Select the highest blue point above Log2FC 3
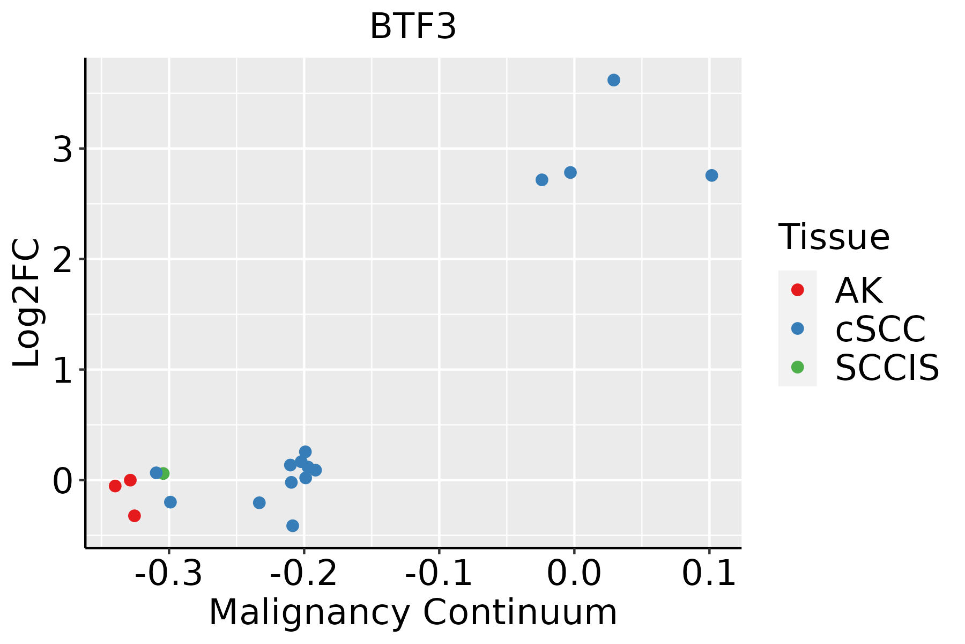pyautogui.click(x=614, y=80)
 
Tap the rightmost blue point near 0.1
pyautogui.click(x=711, y=175)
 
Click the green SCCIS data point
pyautogui.click(x=164, y=473)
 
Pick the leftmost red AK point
pyautogui.click(x=115, y=486)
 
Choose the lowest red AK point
pyautogui.click(x=135, y=516)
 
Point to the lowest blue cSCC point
pyautogui.click(x=293, y=525)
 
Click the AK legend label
pyautogui.click(x=858, y=290)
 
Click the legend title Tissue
pyautogui.click(x=834, y=237)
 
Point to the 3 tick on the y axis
pyautogui.click(x=63, y=149)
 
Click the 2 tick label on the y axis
pyautogui.click(x=63, y=259)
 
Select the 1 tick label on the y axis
pyautogui.click(x=63, y=370)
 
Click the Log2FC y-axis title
pyautogui.click(x=27, y=303)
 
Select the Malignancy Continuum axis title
pyautogui.click(x=413, y=612)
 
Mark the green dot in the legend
pyautogui.click(x=797, y=367)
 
